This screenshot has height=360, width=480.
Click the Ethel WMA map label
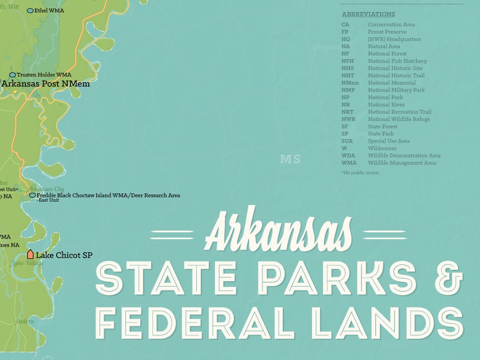49,10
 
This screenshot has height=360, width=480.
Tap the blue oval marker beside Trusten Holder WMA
12,75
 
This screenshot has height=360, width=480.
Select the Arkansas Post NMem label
46,84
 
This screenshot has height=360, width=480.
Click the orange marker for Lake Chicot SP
30,254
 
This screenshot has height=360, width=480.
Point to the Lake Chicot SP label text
64,255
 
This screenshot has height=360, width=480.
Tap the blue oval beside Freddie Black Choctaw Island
32,195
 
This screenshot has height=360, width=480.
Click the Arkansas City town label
47,189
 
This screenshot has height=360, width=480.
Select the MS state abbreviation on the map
290,159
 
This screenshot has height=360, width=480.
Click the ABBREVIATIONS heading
368,14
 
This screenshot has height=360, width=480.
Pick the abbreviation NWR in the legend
348,119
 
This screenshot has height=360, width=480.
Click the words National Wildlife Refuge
398,119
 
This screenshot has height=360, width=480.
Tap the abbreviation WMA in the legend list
349,163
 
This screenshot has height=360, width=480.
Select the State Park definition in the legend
381,133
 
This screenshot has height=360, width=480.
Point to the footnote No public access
360,173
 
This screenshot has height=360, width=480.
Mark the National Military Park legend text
396,90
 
